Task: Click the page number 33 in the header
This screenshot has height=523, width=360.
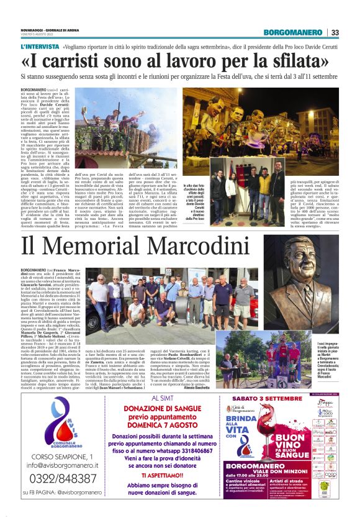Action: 335,32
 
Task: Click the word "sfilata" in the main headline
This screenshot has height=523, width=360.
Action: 292,61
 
